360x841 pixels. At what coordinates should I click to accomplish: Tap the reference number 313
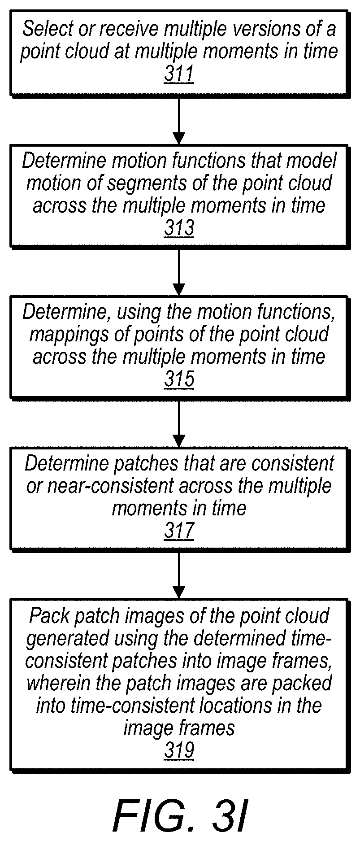pyautogui.click(x=179, y=228)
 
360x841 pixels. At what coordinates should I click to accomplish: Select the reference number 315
pyautogui.click(x=179, y=379)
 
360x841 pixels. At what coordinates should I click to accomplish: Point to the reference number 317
pyautogui.click(x=179, y=531)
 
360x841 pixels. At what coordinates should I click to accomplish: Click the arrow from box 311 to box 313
pyautogui.click(x=179, y=120)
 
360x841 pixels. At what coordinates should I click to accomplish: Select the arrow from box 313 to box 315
pyautogui.click(x=179, y=272)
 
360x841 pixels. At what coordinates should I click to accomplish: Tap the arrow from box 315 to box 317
pyautogui.click(x=179, y=423)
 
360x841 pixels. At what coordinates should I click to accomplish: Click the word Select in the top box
pyautogui.click(x=43, y=29)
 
